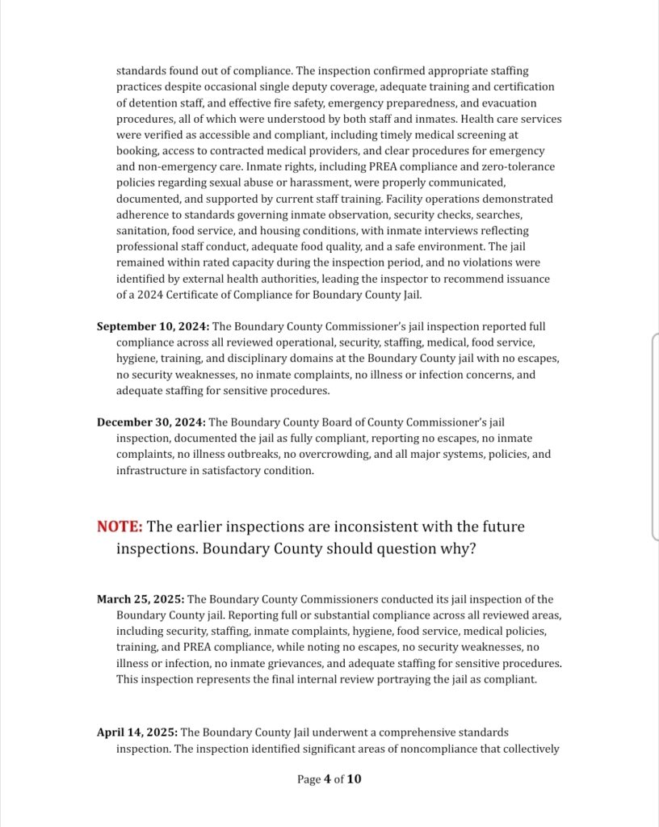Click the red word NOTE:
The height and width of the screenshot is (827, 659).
[120, 527]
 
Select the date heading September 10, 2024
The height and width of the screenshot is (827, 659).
[153, 326]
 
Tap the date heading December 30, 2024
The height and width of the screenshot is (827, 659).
[151, 422]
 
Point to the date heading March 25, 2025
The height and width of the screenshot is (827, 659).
[141, 599]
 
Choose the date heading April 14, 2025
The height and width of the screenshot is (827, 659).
[137, 733]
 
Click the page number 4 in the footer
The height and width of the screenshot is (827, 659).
[328, 779]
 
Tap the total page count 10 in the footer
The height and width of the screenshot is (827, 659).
[355, 779]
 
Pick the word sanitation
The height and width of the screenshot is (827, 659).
[144, 230]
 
